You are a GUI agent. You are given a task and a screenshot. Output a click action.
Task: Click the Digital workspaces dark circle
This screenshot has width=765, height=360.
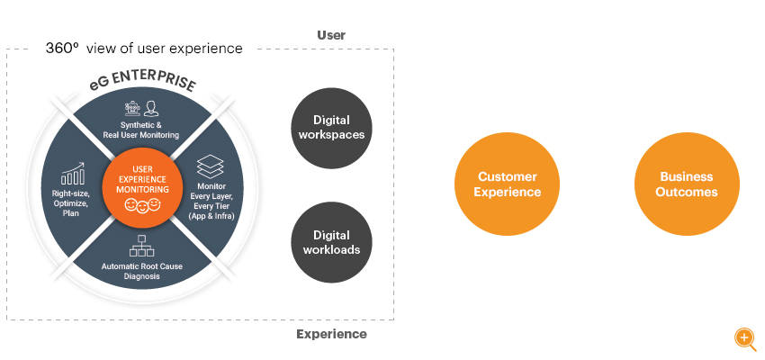coord(331,128)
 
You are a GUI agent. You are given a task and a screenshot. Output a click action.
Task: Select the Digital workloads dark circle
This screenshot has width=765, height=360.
coord(331,242)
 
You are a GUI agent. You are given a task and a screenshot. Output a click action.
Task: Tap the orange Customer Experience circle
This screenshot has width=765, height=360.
coord(507,184)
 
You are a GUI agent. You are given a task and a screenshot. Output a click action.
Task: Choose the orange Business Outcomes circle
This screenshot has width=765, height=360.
coord(687,184)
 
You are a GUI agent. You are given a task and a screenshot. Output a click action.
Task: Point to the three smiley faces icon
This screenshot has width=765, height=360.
coord(142,205)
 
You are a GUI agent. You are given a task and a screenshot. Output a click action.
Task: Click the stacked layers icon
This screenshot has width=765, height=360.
coord(211,166)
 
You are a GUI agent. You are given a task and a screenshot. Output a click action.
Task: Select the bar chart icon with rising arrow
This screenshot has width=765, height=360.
coord(73,173)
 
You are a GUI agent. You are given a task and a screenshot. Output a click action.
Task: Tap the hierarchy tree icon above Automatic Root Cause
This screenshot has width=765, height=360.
coord(141,246)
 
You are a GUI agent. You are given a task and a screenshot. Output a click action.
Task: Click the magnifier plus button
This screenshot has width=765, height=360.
coord(745,338)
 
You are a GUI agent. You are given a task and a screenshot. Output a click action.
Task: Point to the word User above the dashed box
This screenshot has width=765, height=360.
coord(331,35)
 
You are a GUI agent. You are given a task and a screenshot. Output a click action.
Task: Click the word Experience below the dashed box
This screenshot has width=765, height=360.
coord(331,334)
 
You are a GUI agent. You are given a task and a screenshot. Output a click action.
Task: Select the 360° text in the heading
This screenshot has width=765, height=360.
coord(62,48)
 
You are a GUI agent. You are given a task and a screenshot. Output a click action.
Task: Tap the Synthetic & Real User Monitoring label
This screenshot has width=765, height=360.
coord(141,130)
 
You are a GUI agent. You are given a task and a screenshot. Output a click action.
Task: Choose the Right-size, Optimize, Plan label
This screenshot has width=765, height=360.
coord(71,203)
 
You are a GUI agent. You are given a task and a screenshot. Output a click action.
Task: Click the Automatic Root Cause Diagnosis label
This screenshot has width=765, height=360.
coord(141,271)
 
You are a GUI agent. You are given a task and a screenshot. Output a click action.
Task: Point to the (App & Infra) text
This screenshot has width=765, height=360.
coord(211,215)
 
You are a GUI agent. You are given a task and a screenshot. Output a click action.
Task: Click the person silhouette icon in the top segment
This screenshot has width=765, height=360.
coord(150,109)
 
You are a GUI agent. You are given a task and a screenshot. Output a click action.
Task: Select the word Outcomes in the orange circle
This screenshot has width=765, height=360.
coord(687,192)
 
